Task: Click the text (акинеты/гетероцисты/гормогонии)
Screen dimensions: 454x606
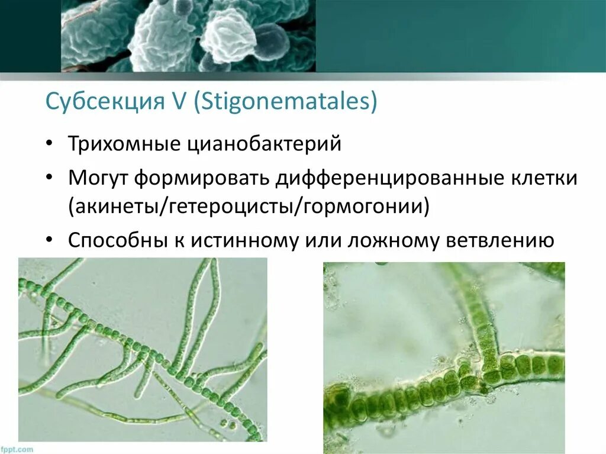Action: coord(248,207)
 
